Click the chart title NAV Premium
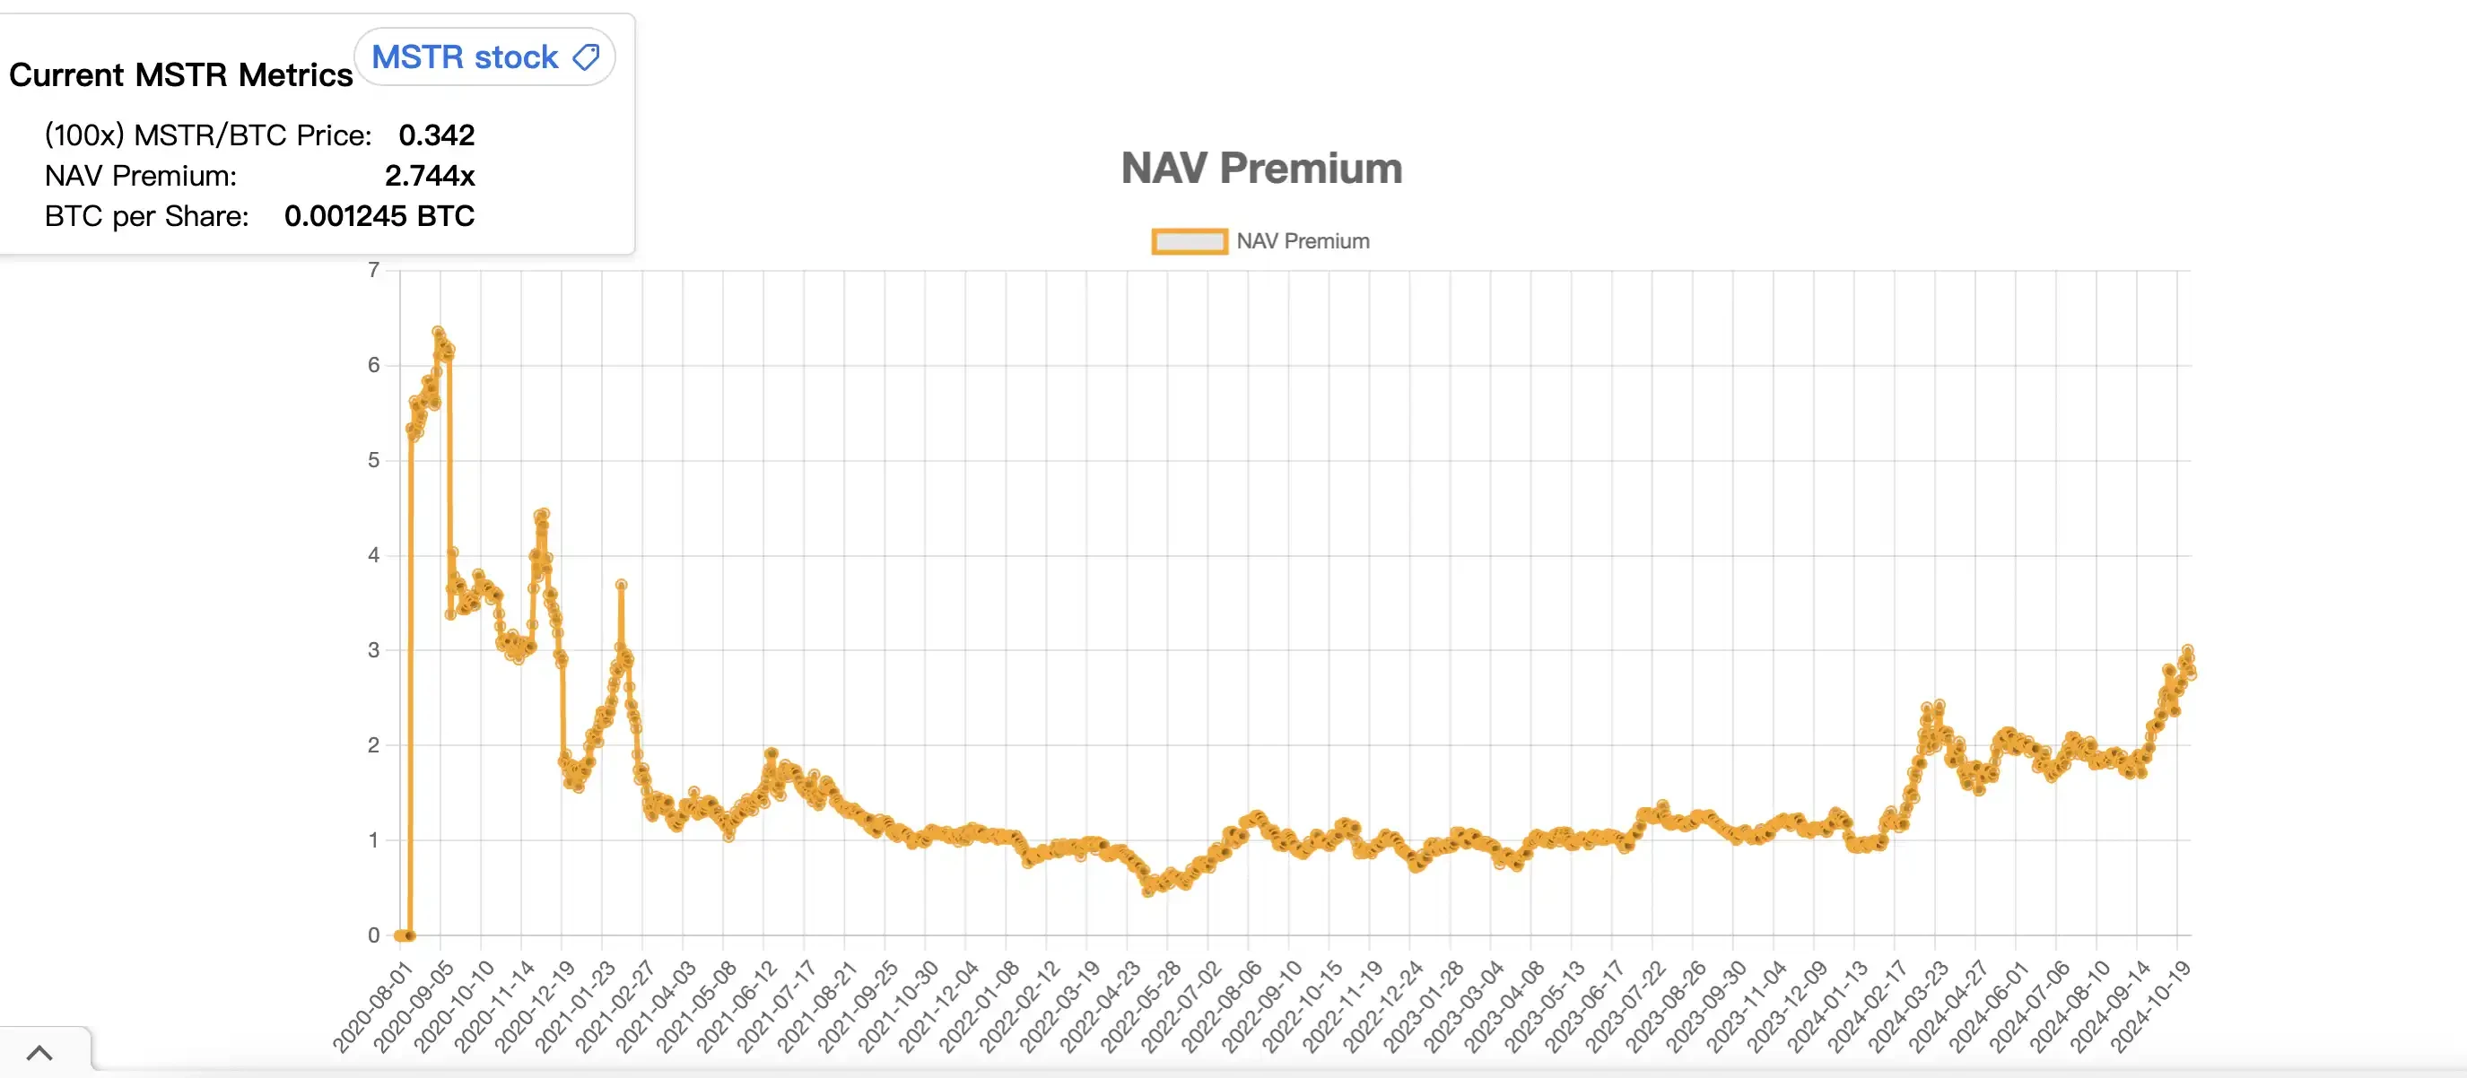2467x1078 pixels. (x=1261, y=169)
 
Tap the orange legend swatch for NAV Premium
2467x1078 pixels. (x=1189, y=241)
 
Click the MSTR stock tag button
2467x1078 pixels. (x=484, y=57)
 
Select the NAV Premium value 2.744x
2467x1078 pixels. (x=429, y=176)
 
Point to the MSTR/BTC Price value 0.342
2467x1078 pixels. (x=436, y=135)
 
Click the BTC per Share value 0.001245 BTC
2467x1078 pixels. (x=379, y=216)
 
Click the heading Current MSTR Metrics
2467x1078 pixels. (x=180, y=74)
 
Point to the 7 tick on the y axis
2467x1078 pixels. (x=373, y=270)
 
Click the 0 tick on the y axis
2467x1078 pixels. (x=373, y=935)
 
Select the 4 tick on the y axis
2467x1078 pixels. (x=373, y=555)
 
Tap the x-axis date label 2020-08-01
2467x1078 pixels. (x=373, y=1007)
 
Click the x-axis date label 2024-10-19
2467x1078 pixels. (x=2151, y=1007)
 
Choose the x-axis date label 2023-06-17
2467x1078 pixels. (x=1585, y=1007)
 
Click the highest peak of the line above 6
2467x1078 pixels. (x=439, y=332)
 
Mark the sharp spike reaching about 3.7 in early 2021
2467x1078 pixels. (x=622, y=584)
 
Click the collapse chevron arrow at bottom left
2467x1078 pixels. (x=39, y=1053)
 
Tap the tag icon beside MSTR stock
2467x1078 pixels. (x=586, y=57)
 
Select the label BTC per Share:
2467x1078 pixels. (x=146, y=216)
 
